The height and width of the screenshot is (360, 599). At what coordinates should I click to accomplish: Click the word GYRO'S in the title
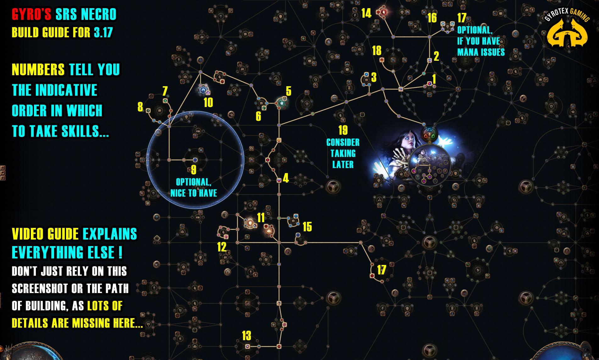[31, 14]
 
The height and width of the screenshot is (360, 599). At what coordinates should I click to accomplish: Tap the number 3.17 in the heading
[103, 32]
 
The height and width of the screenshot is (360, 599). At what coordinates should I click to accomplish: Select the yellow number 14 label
[366, 13]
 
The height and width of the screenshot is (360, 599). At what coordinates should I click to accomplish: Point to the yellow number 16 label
[432, 18]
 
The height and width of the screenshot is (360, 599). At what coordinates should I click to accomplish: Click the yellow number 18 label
[376, 51]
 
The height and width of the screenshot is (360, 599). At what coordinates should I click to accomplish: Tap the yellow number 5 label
[288, 91]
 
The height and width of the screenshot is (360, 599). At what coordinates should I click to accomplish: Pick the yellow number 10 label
[208, 103]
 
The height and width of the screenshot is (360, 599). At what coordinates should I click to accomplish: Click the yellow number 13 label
[247, 336]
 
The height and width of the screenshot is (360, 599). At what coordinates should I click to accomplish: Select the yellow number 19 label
[343, 130]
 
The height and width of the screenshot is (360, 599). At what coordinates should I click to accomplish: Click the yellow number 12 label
[222, 247]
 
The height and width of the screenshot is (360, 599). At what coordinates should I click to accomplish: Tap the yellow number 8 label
[140, 107]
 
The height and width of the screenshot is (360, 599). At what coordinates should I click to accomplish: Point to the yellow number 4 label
[286, 178]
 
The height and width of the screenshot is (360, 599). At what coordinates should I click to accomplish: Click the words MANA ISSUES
[481, 52]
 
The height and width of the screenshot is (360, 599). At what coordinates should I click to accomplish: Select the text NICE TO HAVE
[193, 193]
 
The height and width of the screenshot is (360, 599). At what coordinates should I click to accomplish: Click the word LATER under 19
[343, 165]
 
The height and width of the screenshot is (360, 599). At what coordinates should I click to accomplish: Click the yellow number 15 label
[307, 227]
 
